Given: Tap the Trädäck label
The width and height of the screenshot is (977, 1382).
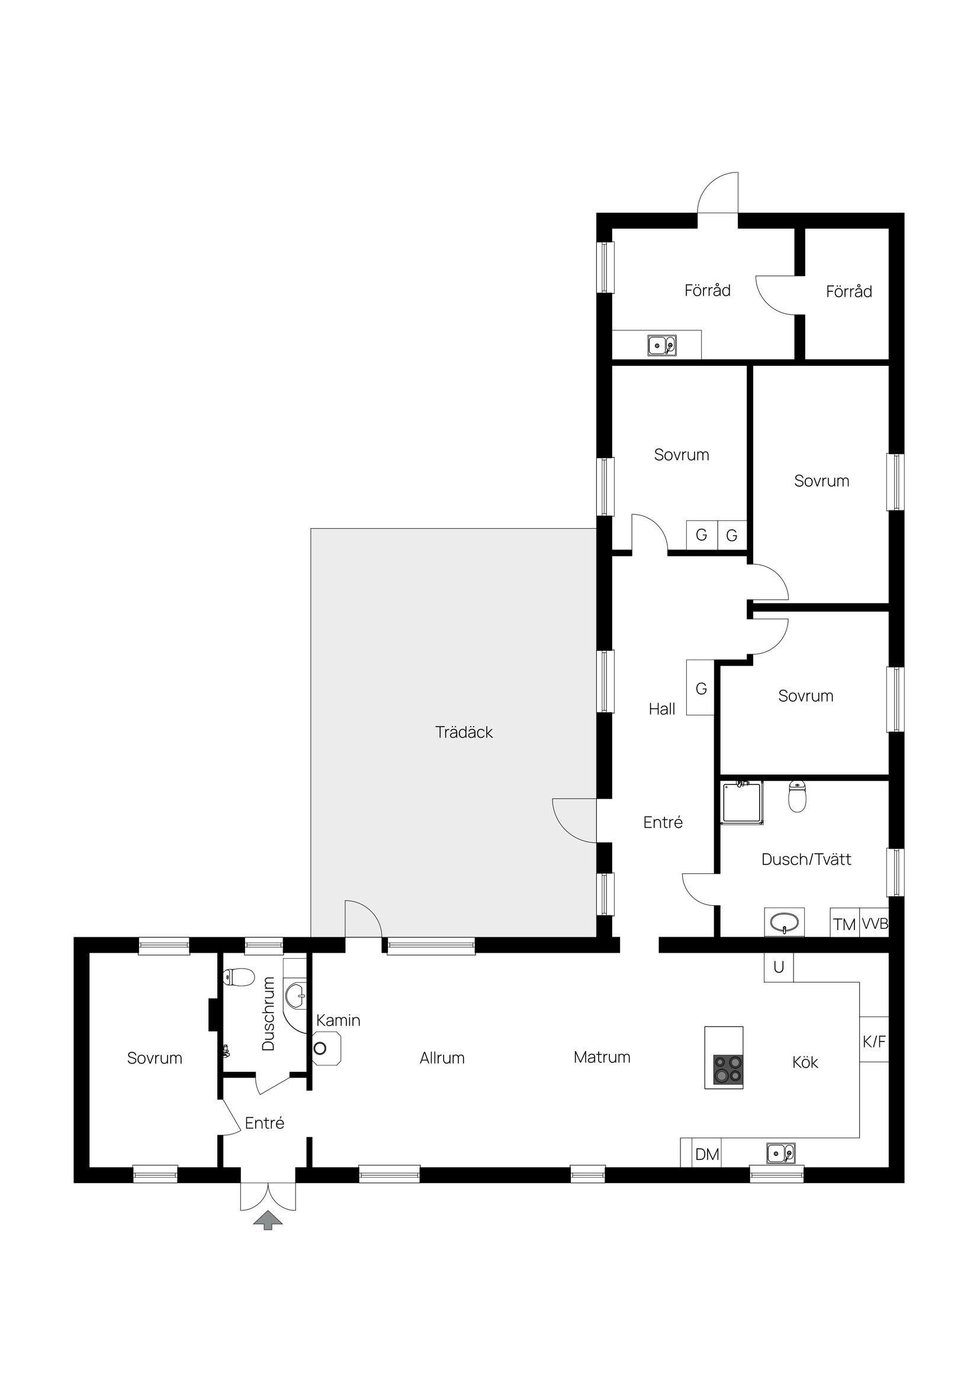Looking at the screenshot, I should point(464,732).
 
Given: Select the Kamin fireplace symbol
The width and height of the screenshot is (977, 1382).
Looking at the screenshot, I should point(326,1049).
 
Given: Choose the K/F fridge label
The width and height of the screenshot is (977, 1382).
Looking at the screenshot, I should point(874,1042).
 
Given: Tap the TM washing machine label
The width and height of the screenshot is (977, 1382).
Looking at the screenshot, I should point(844,924).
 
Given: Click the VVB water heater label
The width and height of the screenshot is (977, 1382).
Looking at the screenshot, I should point(875,924).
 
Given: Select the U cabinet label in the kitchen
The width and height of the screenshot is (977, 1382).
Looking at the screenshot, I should point(779,968).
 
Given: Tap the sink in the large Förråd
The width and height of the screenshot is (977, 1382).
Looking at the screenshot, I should point(661,346).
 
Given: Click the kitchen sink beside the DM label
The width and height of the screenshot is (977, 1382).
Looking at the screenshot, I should point(780,1153).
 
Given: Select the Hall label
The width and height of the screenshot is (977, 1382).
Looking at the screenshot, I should point(661,709).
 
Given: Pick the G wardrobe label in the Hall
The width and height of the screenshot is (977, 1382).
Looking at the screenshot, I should point(700,689).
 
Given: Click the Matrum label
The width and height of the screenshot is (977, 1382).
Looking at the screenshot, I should point(602,1058).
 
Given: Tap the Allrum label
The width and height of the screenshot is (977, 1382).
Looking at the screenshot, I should point(442,1058).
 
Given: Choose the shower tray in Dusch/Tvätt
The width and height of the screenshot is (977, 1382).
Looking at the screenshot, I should point(743,802).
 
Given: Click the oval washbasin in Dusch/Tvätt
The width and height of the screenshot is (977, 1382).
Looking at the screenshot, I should point(784,922).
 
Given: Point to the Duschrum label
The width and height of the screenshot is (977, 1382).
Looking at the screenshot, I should point(268,1014).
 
